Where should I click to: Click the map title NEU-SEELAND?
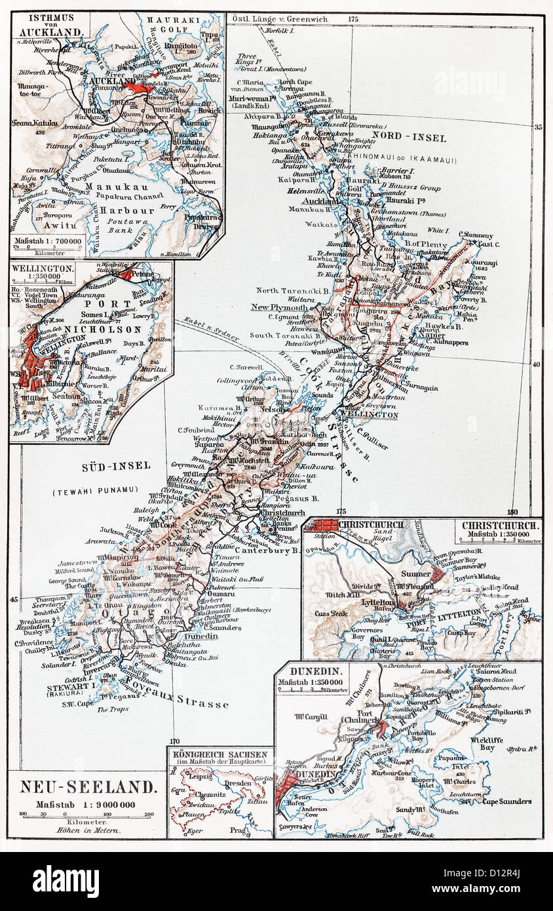tap(88, 787)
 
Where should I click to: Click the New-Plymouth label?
tap(280, 307)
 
